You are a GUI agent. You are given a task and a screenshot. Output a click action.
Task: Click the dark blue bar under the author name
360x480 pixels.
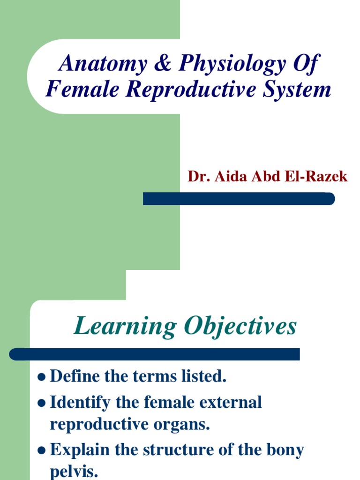click(239, 199)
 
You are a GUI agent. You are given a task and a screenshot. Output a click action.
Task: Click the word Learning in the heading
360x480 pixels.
click(124, 327)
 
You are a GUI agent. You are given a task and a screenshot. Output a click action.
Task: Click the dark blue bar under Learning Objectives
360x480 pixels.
click(155, 354)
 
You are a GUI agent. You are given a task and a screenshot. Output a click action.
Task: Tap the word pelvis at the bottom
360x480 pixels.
click(74, 472)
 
